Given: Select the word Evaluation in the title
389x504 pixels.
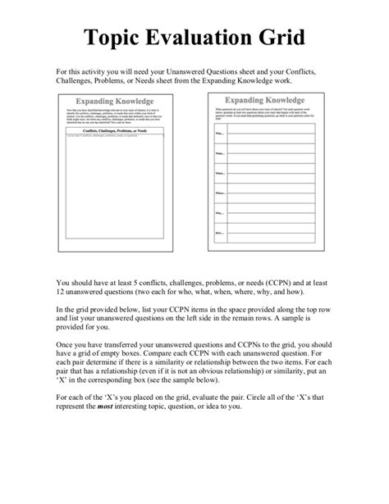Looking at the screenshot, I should pyautogui.click(x=212, y=38).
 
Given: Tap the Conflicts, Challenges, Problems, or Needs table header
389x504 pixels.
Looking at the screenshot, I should pyautogui.click(x=116, y=130).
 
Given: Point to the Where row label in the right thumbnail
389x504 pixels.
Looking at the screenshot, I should pyautogui.click(x=221, y=193).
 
